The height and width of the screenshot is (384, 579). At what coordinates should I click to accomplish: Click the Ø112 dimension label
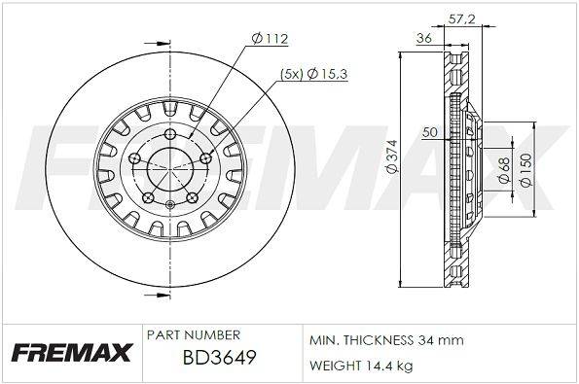pyautogui.click(x=270, y=38)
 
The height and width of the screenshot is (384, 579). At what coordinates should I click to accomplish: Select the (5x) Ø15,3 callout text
pyautogui.click(x=314, y=74)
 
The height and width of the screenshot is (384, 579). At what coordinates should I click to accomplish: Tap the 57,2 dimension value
pyautogui.click(x=461, y=18)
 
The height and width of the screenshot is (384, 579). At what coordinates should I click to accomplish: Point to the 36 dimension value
pyautogui.click(x=424, y=38)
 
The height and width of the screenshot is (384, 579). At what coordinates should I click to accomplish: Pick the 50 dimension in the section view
pyautogui.click(x=430, y=131)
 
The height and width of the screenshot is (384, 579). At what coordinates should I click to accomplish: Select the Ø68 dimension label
pyautogui.click(x=504, y=170)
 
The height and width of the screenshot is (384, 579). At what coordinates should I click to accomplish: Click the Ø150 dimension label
pyautogui.click(x=525, y=170)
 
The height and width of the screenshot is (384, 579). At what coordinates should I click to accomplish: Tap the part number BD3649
pyautogui.click(x=219, y=357)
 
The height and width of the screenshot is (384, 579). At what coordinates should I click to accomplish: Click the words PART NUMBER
pyautogui.click(x=194, y=335)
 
